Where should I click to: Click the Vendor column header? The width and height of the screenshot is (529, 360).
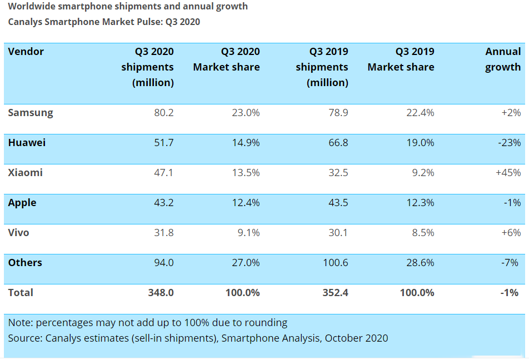pos(26,52)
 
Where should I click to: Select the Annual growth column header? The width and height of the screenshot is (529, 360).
pos(503,59)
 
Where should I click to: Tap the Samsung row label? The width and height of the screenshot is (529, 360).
pos(31,113)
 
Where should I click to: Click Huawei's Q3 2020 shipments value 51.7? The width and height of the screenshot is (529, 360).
pos(163,143)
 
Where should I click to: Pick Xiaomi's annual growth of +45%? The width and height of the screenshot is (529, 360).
pos(508,173)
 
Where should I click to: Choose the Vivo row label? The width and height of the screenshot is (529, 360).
pos(18,233)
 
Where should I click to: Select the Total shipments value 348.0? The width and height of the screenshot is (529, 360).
pos(161,293)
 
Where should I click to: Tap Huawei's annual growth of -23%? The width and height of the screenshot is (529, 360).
pos(510,143)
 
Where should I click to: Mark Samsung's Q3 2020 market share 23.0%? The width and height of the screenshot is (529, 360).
pos(246,113)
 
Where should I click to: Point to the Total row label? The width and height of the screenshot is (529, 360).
pos(21,293)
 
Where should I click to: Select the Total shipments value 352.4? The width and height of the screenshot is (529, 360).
pos(335,293)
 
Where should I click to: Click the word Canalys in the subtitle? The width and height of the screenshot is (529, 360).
pos(26,22)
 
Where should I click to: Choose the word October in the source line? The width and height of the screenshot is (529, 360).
pos(345,338)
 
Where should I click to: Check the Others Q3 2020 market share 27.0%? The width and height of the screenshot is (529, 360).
pos(246,263)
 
